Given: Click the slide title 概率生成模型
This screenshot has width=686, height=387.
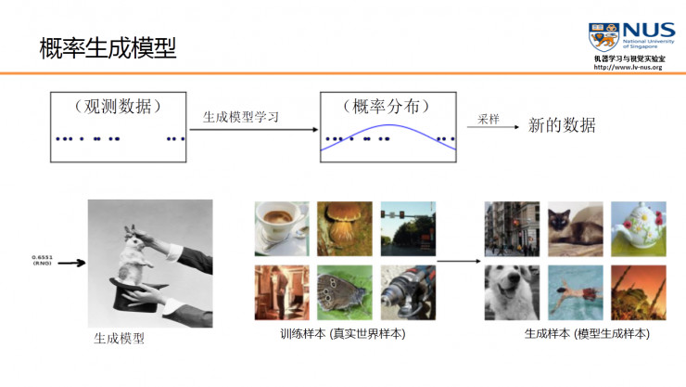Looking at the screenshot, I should point(108,47).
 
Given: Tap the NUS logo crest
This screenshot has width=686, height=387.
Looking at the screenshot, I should point(604,37).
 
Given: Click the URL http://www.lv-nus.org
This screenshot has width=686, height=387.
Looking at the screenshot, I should point(628,68).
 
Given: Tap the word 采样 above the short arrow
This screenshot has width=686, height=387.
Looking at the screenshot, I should point(489,120).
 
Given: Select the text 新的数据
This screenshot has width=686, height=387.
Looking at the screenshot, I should point(561,125).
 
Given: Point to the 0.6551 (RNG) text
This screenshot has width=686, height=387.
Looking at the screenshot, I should point(42,259).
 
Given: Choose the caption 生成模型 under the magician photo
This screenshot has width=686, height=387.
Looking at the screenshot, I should point(119,339).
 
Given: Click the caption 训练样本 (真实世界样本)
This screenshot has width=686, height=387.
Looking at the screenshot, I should point(343,333).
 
